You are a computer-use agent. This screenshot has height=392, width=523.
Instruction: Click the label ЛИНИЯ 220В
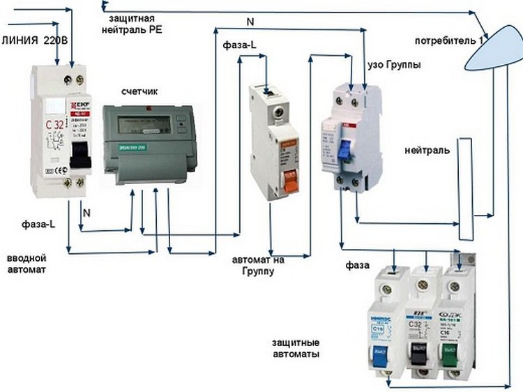click(35, 40)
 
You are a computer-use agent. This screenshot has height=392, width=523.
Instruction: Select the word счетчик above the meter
click(139, 91)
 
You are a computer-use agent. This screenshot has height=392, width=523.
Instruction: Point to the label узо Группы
click(393, 65)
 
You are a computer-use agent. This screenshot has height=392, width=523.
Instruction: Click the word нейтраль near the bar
click(426, 151)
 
